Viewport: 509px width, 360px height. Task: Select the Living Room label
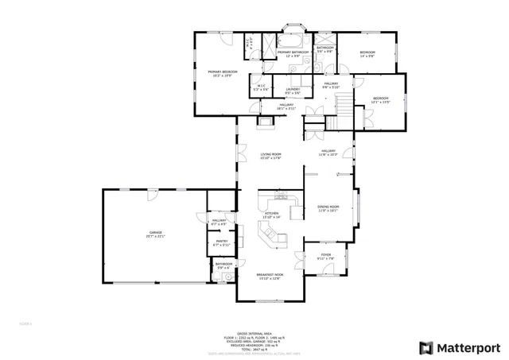[271, 156]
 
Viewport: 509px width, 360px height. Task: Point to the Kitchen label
[272, 215]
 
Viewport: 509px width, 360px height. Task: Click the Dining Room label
[328, 208]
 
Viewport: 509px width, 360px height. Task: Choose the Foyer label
[325, 257]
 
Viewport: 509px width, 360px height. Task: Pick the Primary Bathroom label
[293, 54]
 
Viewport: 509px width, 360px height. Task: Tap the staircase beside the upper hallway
[342, 103]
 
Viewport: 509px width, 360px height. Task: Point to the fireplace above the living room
[266, 122]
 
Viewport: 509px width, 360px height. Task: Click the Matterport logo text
[470, 347]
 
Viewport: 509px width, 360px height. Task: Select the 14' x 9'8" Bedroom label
[367, 54]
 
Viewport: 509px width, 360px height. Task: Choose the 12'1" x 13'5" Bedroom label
[381, 100]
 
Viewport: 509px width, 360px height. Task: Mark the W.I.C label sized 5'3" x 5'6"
[261, 87]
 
